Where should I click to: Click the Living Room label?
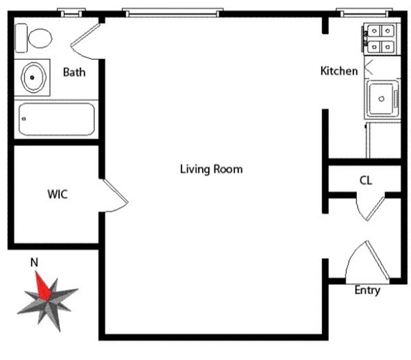(x=211, y=169)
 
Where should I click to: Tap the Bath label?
(x=74, y=72)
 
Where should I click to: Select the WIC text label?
(x=58, y=194)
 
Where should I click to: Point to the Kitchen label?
(x=339, y=71)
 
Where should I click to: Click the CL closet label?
(x=366, y=180)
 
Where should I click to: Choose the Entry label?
(x=367, y=290)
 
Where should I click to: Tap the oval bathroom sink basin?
(x=33, y=77)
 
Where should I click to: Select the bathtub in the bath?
(x=57, y=119)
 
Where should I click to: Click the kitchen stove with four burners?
(x=381, y=39)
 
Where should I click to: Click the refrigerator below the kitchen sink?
(x=383, y=139)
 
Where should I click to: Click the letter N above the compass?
(x=33, y=262)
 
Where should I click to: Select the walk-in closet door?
(x=114, y=196)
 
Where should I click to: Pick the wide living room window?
(x=173, y=13)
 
